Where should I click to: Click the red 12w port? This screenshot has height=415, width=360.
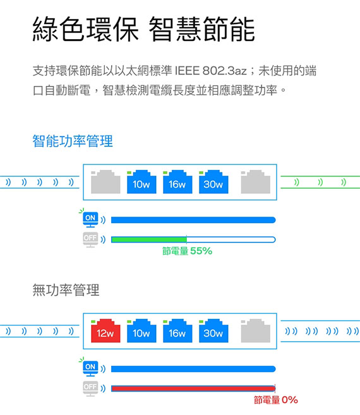(105, 331)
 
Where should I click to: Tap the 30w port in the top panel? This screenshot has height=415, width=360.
(213, 182)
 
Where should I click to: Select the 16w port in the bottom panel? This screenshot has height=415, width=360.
(177, 331)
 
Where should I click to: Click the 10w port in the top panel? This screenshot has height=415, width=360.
(141, 182)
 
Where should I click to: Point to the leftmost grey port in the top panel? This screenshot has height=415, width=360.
(105, 182)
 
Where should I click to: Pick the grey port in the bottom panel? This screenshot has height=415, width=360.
(255, 331)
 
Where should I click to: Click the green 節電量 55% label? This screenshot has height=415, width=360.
(187, 251)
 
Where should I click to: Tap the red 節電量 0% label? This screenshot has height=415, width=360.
(276, 400)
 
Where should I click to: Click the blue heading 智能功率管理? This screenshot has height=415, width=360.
(73, 141)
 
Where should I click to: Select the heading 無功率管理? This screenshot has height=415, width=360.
(66, 290)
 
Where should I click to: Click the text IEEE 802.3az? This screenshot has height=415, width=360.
(211, 71)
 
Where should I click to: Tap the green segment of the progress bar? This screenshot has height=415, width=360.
(149, 240)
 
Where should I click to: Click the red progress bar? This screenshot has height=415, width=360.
(193, 388)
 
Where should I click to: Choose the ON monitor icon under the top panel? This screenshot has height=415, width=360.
(90, 219)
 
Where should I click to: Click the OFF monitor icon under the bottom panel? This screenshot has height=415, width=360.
(90, 388)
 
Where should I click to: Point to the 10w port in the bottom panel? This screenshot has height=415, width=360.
(141, 331)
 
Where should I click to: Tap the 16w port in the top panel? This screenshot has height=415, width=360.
(177, 182)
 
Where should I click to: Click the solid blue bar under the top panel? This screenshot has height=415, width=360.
(193, 220)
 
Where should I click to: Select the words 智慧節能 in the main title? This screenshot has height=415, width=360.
(201, 29)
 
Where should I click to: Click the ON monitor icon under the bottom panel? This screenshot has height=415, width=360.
(90, 368)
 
